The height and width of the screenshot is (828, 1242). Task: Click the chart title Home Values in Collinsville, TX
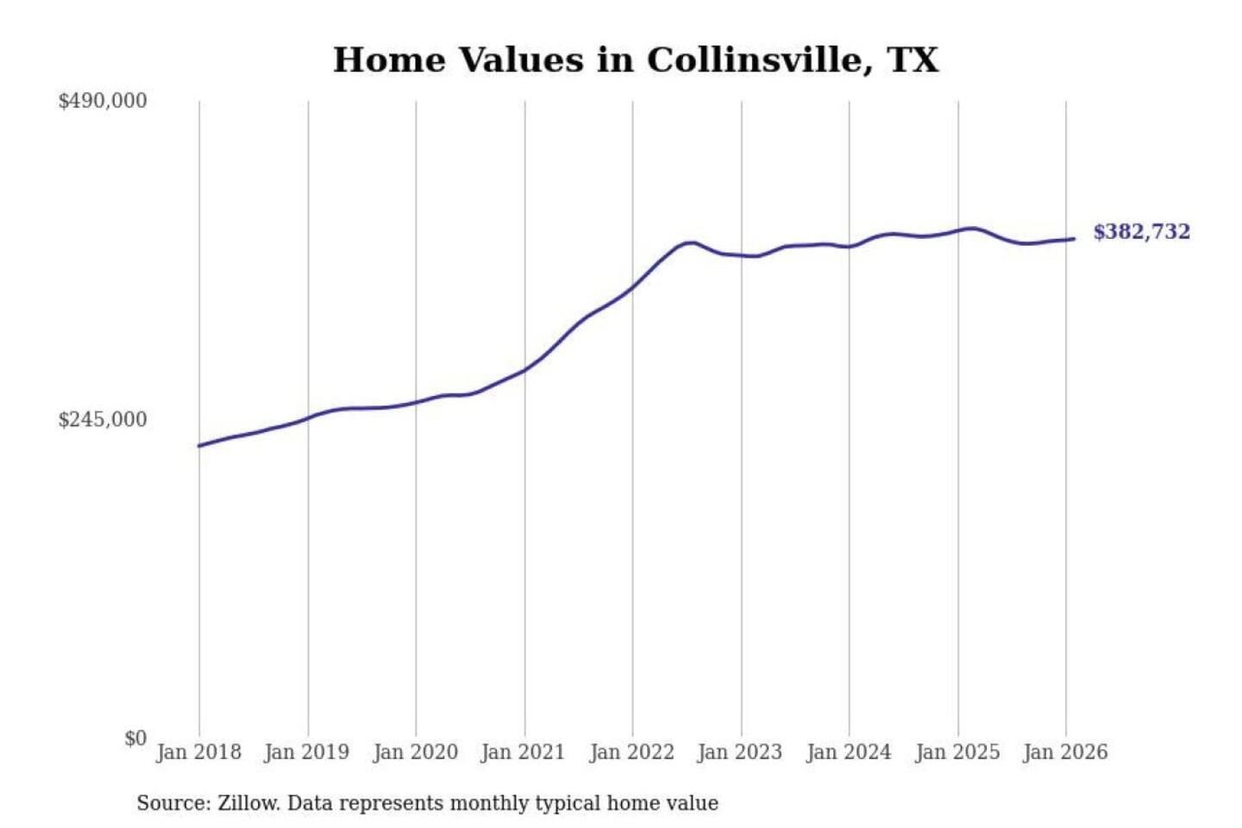(636, 60)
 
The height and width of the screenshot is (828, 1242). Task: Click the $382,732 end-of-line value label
(1141, 232)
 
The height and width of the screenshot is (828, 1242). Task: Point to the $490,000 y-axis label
(103, 101)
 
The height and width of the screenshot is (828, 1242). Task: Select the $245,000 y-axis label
(103, 420)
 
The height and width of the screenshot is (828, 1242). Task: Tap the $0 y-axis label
(135, 738)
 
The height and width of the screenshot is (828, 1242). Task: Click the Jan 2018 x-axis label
(198, 752)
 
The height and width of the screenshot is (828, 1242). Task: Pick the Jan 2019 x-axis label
(307, 752)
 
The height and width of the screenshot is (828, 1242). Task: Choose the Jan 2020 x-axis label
(415, 752)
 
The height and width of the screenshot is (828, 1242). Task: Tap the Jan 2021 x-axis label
(523, 752)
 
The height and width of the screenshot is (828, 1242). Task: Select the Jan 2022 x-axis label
(631, 752)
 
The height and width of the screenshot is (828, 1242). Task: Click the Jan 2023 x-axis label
(740, 752)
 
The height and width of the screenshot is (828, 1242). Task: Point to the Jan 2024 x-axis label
(849, 752)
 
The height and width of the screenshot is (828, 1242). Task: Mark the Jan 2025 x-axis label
(957, 752)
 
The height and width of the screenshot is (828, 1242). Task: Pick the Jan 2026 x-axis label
(1065, 752)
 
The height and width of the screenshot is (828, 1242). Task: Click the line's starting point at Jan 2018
(199, 446)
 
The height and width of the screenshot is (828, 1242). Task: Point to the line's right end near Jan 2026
(1073, 239)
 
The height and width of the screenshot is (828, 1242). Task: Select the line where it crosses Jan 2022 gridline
(632, 287)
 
